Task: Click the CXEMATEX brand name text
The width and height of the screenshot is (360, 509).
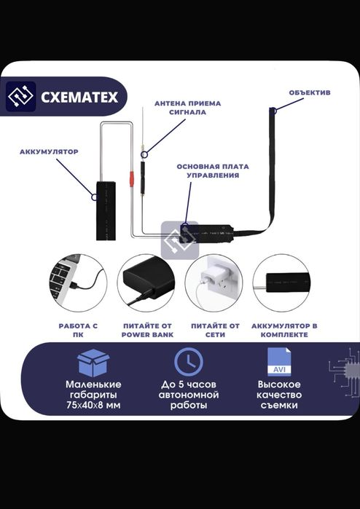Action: click(79, 97)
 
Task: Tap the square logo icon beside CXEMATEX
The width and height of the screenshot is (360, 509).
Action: click(21, 96)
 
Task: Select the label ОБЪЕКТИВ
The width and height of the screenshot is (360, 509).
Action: click(310, 92)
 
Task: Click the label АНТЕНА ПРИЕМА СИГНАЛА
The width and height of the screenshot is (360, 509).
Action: click(187, 108)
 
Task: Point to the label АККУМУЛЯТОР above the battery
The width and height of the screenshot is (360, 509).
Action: click(49, 151)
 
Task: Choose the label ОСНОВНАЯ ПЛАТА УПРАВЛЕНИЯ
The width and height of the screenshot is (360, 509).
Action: click(213, 170)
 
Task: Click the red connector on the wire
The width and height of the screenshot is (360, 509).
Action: click(132, 179)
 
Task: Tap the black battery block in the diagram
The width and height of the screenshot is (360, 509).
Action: click(106, 210)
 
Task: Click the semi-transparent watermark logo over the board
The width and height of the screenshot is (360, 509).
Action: click(180, 240)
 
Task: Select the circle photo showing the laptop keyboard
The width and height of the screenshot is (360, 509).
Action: click(78, 283)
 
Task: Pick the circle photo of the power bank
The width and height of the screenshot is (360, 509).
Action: click(146, 283)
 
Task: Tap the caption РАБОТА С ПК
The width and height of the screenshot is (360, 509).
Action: click(78, 330)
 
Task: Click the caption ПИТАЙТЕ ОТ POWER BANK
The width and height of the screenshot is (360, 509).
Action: click(147, 330)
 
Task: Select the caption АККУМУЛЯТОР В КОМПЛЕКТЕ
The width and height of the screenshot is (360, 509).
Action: click(284, 330)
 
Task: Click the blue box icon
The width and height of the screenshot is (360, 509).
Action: click(93, 363)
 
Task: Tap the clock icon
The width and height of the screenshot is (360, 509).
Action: click(189, 362)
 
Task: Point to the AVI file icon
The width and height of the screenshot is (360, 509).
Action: click(279, 362)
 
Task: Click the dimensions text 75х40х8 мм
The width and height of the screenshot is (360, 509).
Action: click(93, 406)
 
